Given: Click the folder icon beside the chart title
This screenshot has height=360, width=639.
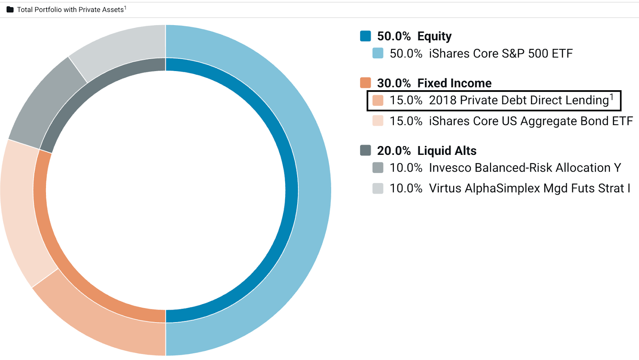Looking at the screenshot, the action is [x=10, y=10].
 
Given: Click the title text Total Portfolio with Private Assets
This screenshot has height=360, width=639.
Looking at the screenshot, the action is [x=70, y=10].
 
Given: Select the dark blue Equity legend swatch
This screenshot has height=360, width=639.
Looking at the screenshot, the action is [x=365, y=36].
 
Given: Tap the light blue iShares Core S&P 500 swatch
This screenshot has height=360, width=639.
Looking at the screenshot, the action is [x=378, y=53].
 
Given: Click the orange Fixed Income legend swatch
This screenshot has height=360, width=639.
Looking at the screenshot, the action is [x=365, y=83].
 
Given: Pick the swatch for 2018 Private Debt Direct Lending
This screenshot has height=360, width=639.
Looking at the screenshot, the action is [x=378, y=100].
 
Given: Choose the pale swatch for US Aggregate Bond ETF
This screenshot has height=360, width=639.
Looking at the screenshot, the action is [x=378, y=121].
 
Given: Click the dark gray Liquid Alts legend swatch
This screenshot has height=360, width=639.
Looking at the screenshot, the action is [x=365, y=150].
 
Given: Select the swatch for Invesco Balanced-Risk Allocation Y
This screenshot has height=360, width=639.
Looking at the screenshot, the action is [x=378, y=168].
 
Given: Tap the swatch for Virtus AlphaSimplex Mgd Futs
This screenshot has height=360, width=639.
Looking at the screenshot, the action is [x=378, y=188].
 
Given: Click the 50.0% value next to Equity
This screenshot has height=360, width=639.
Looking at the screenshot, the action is [x=394, y=36].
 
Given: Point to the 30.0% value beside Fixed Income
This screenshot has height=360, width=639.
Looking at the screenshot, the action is [x=394, y=83].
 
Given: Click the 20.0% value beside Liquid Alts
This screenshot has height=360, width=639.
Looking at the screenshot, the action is [x=394, y=151].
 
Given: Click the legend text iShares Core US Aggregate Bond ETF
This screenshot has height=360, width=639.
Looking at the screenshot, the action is [x=531, y=121].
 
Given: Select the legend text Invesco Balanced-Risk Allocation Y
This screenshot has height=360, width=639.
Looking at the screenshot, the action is [x=525, y=168].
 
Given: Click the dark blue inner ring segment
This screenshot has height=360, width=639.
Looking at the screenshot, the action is [x=292, y=190].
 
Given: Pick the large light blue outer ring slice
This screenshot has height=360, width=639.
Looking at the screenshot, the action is [x=314, y=190].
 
